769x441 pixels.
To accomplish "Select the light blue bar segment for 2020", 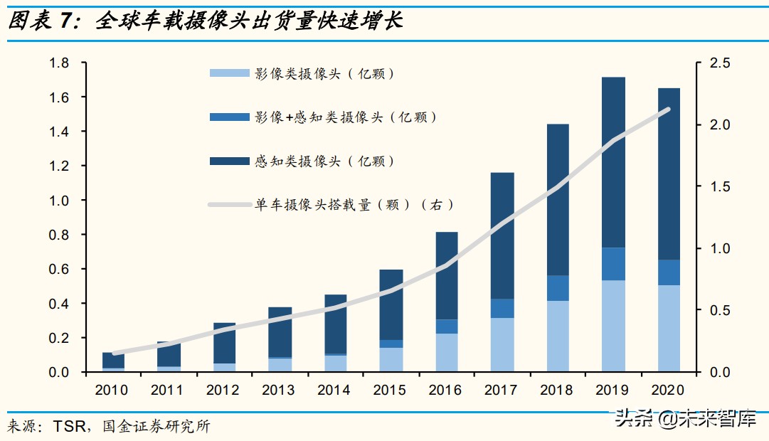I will pyautogui.click(x=668, y=328).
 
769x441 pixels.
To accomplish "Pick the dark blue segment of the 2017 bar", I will pyautogui.click(x=502, y=235).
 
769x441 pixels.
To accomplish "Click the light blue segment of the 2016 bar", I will pyautogui.click(x=446, y=352).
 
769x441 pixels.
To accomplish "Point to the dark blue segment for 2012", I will pyautogui.click(x=224, y=343).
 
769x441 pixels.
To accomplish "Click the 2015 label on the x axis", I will pyautogui.click(x=390, y=390).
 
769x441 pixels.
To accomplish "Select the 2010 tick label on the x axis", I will pyautogui.click(x=112, y=390).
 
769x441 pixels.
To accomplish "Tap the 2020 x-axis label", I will pyautogui.click(x=667, y=390).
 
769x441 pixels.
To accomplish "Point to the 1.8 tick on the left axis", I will pyautogui.click(x=59, y=63).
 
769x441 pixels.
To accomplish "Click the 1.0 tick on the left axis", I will pyautogui.click(x=59, y=201).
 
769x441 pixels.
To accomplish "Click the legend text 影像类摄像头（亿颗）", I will pyautogui.click(x=324, y=73).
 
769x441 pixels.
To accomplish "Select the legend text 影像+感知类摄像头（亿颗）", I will pyautogui.click(x=345, y=117).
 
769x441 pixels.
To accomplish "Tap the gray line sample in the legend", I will pyautogui.click(x=229, y=206).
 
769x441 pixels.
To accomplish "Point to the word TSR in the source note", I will pyautogui.click(x=69, y=427).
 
